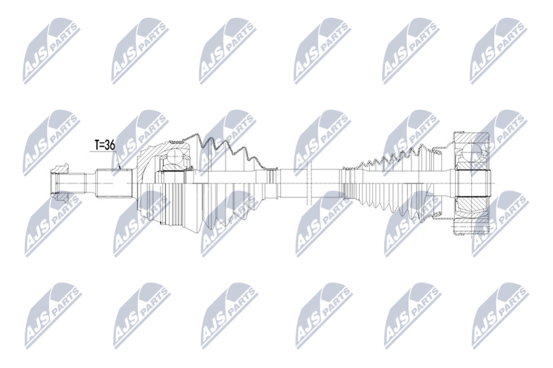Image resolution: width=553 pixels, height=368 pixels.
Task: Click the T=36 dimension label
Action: [x=105, y=145]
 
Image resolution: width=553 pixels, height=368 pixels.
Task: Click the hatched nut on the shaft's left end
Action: [x=59, y=184]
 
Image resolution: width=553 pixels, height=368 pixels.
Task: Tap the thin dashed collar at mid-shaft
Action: [x=308, y=183]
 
